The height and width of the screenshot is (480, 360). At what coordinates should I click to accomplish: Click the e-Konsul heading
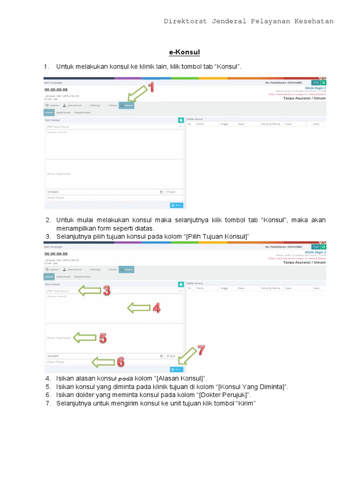(x=184, y=52)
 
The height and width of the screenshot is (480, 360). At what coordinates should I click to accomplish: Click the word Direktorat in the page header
(x=185, y=21)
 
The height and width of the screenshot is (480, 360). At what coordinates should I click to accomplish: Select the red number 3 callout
(x=106, y=291)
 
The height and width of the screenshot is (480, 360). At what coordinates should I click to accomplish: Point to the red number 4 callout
(x=156, y=307)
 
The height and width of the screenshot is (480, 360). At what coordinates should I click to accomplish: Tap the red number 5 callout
(x=103, y=337)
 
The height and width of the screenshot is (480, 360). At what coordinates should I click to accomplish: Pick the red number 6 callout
(x=120, y=362)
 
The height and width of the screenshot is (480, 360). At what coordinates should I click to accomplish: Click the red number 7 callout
(x=200, y=350)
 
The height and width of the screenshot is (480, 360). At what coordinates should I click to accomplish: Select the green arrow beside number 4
(x=138, y=308)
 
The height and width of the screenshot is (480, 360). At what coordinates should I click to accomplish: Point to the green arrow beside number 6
(x=103, y=362)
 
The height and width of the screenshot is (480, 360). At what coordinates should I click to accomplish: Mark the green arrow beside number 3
(x=90, y=291)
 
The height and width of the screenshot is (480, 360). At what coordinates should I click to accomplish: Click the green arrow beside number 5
(x=85, y=337)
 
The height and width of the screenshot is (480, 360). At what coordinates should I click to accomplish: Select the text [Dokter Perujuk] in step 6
(x=226, y=395)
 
